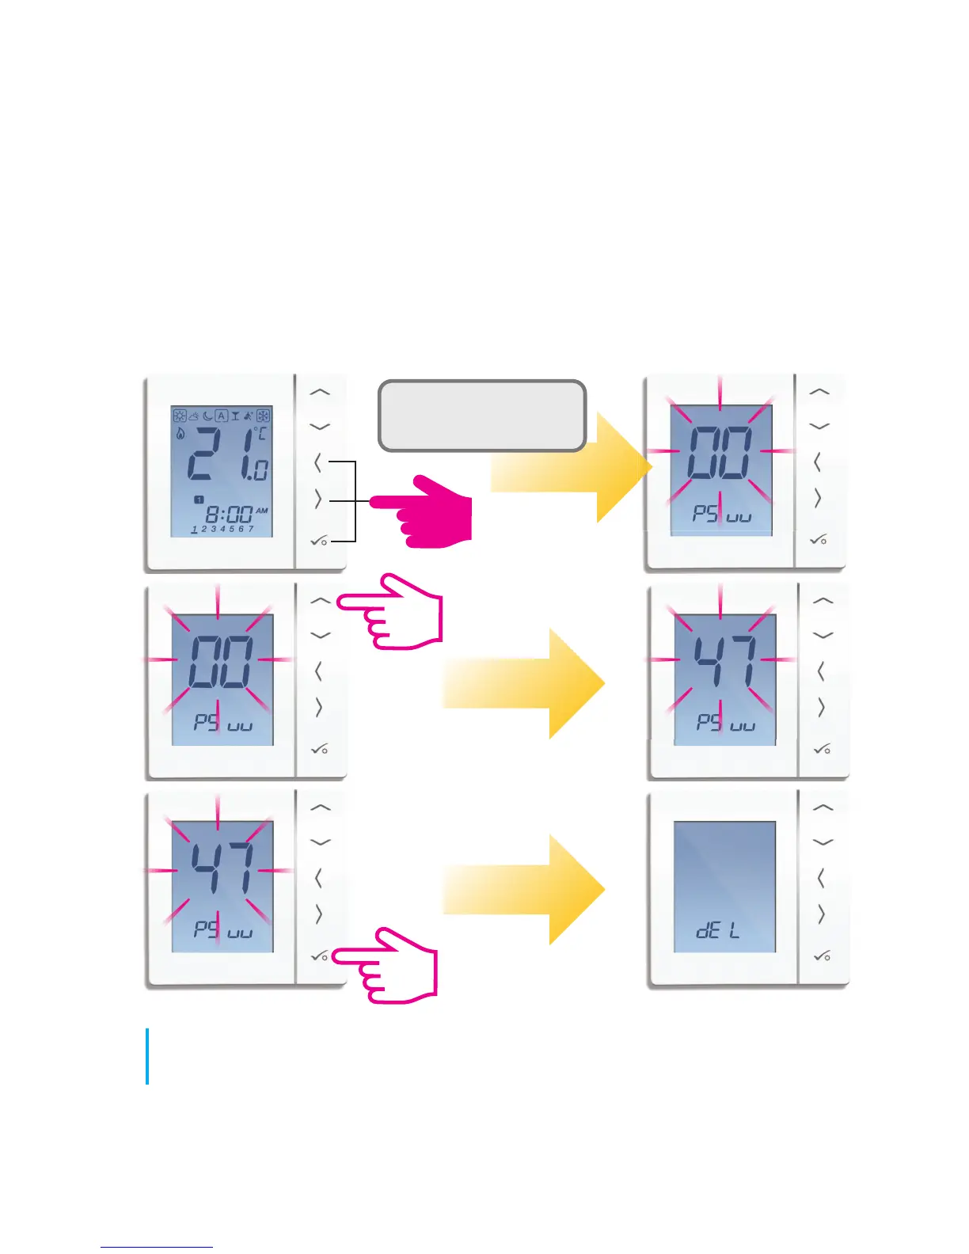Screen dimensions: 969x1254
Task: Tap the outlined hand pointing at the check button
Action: point(392,966)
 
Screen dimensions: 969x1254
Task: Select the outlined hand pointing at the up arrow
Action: point(396,613)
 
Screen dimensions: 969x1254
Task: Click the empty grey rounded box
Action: point(482,416)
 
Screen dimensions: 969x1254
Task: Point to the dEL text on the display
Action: point(717,930)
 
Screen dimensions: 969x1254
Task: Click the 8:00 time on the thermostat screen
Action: point(229,515)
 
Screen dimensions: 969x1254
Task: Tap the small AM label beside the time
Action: point(262,511)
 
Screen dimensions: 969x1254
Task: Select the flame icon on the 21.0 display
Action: point(180,434)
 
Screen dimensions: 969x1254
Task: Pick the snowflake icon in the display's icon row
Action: point(263,416)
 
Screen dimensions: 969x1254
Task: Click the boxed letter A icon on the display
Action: point(222,416)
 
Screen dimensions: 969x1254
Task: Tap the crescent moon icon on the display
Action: point(207,416)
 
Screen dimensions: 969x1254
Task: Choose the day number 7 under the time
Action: point(251,529)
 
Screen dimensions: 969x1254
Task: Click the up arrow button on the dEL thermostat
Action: point(823,807)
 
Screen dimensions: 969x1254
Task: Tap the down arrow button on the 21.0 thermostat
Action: point(319,427)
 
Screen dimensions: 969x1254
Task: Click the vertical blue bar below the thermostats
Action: point(147,1056)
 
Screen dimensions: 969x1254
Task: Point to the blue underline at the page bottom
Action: point(157,1247)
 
